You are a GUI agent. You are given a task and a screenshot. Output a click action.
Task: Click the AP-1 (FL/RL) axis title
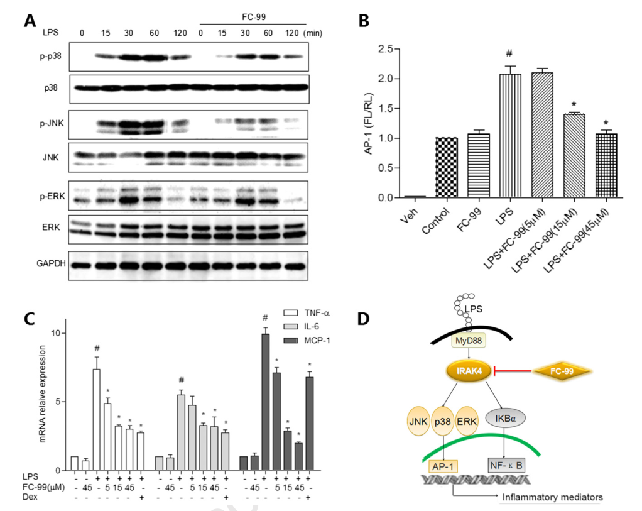(372, 123)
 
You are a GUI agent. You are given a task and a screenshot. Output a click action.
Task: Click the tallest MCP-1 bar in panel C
(266, 402)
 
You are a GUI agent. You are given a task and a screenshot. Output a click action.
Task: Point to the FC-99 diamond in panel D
(563, 372)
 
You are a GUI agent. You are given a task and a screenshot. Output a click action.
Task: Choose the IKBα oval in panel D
(513, 416)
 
